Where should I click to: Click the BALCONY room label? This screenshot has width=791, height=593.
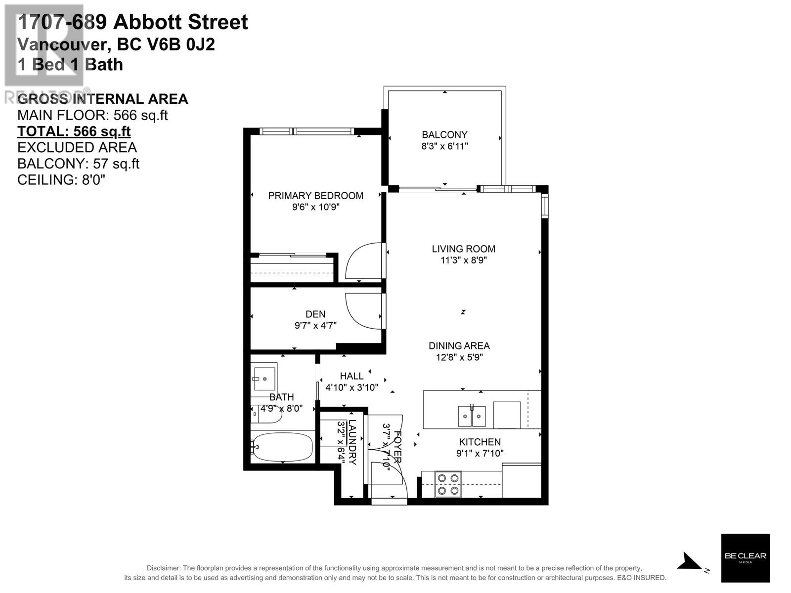444,134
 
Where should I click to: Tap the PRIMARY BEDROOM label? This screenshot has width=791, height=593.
315,196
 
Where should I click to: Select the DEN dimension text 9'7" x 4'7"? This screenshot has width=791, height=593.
315,326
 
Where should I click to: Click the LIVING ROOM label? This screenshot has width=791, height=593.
463,249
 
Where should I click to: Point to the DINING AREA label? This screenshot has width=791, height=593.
459,346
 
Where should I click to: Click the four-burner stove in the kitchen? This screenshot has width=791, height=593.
448,484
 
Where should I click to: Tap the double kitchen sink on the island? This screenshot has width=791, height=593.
472,416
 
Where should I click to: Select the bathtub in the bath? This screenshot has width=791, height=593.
282,447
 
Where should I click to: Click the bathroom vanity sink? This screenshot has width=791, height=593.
264,379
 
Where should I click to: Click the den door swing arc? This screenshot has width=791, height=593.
363,311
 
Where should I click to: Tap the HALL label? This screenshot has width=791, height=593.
352,377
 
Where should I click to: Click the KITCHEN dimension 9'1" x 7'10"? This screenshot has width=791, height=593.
480,453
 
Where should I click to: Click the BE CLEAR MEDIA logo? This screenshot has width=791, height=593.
745,557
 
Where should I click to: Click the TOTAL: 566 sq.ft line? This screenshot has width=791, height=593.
74,131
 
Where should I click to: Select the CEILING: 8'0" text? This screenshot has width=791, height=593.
61,180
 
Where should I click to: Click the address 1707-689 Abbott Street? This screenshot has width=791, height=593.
132,22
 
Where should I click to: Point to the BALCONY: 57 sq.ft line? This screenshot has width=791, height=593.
78,164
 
